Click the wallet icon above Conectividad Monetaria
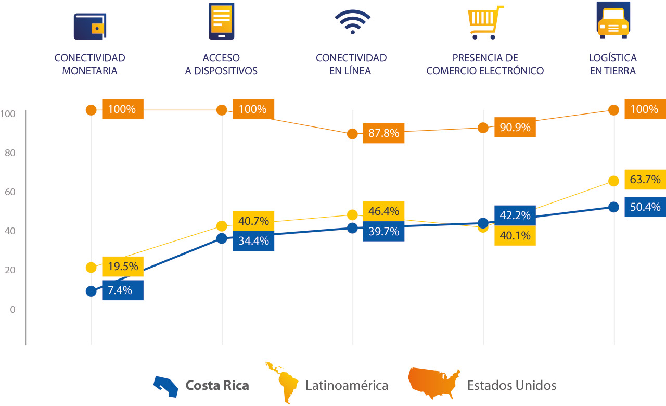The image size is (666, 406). coord(90,27)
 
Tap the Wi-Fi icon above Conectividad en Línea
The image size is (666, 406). coord(352,22)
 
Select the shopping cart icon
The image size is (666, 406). coord(484,22)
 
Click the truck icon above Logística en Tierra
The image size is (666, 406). coord(613,20)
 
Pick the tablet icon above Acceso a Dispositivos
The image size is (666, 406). coord(221,21)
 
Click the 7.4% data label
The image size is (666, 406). coord(123,290)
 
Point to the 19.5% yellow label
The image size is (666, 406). coord(123,267)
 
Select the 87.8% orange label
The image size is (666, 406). coord(383,133)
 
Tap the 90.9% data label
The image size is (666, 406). coord(515,128)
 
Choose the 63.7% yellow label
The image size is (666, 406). coord(645,180)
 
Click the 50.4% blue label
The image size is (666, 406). coord(645,207)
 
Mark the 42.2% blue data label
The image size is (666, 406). coord(515,215)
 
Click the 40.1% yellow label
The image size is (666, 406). coord(515,236)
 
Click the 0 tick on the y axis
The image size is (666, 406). coord(12,309)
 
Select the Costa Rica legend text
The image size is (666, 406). coord(217,386)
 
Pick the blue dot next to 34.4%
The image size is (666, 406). coord(222,238)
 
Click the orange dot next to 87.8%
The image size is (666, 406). coord(352,134)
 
